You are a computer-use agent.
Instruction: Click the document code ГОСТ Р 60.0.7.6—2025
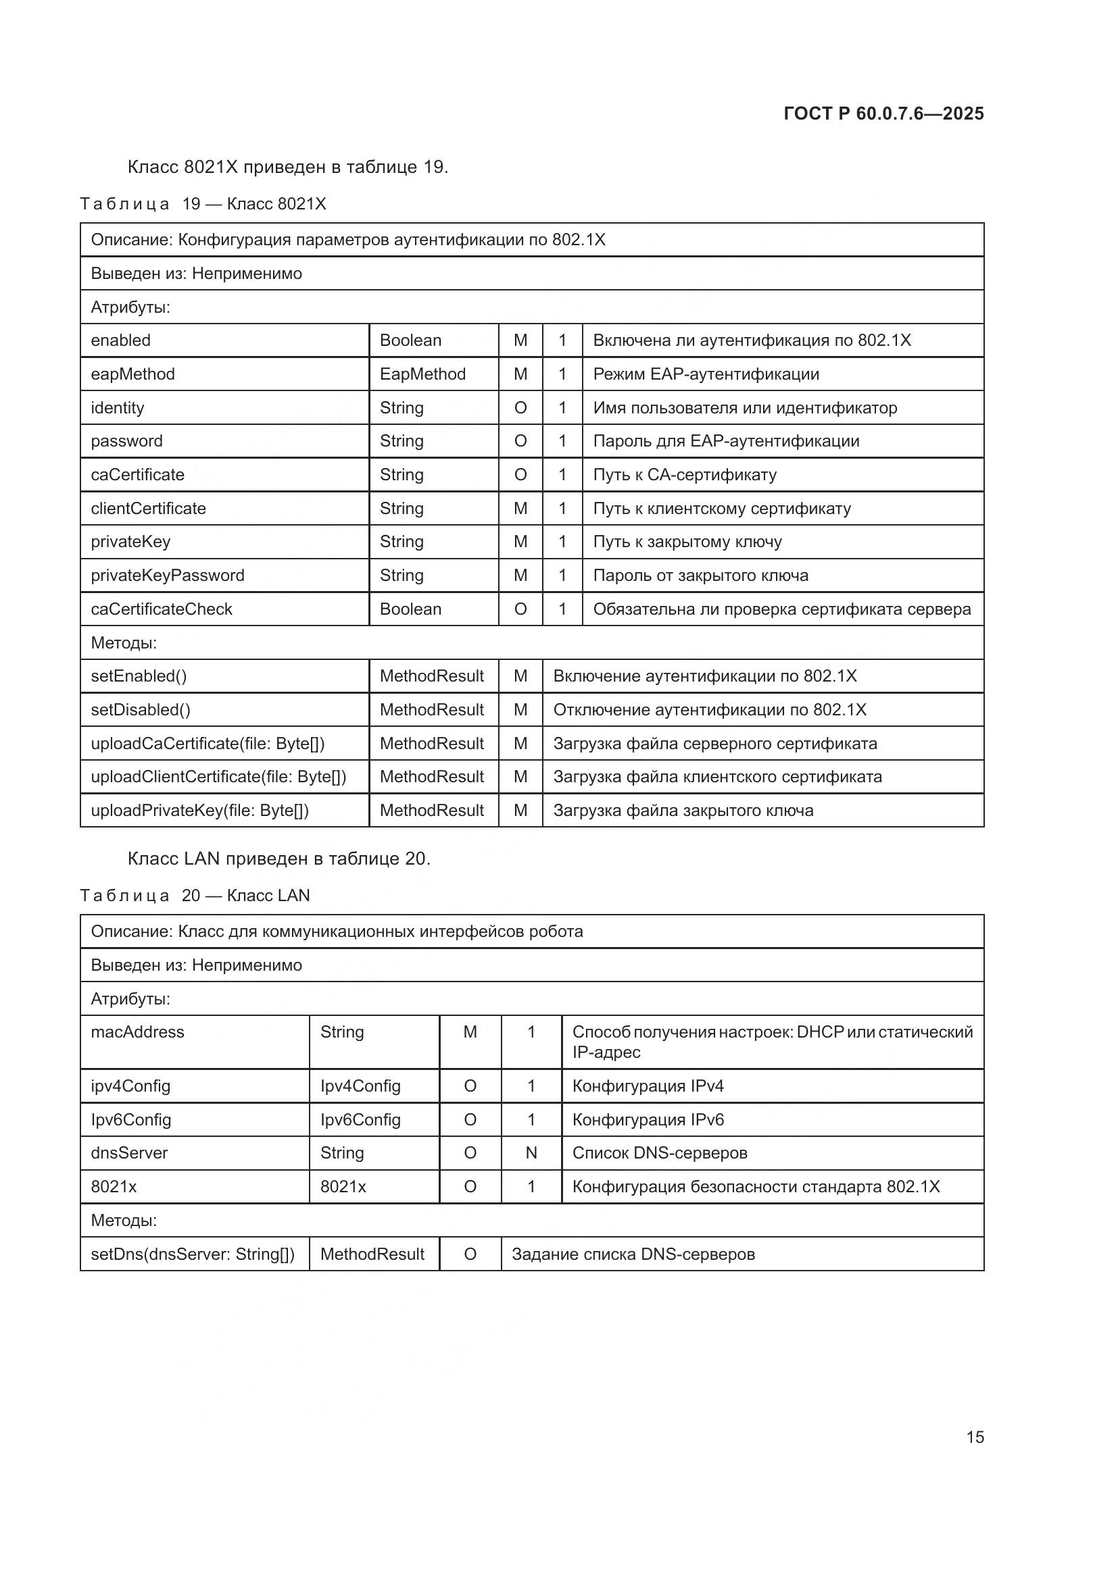(x=883, y=113)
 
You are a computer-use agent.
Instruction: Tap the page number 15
(x=975, y=1437)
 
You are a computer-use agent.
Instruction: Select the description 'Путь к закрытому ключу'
(x=687, y=542)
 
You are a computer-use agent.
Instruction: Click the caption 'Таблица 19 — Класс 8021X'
(x=203, y=204)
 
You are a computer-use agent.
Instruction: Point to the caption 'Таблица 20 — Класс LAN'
(x=195, y=895)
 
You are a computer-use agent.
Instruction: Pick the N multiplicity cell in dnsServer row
(x=531, y=1152)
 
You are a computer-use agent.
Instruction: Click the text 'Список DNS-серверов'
(x=660, y=1152)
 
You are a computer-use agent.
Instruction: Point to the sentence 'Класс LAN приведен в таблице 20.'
(x=278, y=858)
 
